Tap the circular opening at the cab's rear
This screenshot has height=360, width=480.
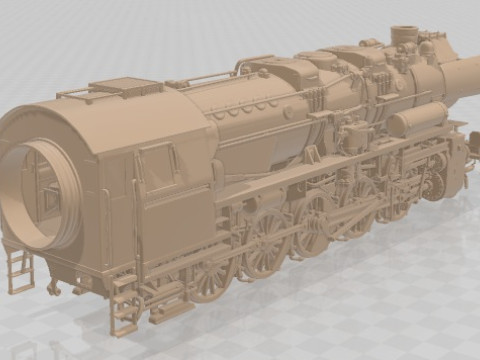click(x=43, y=195)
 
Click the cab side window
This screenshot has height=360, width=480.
click(x=156, y=165)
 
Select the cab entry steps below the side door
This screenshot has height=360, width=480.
click(x=125, y=305)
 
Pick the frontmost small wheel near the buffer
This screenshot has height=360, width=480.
click(x=436, y=185)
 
